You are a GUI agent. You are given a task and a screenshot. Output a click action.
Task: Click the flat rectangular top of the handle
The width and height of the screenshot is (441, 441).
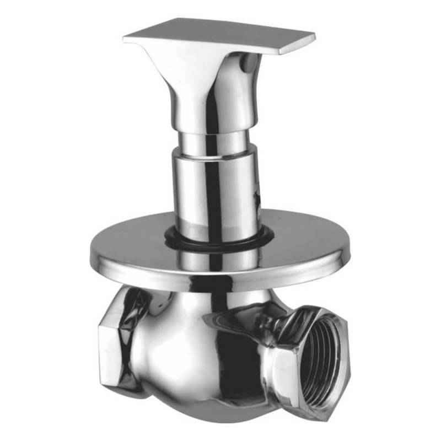click(x=220, y=34)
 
